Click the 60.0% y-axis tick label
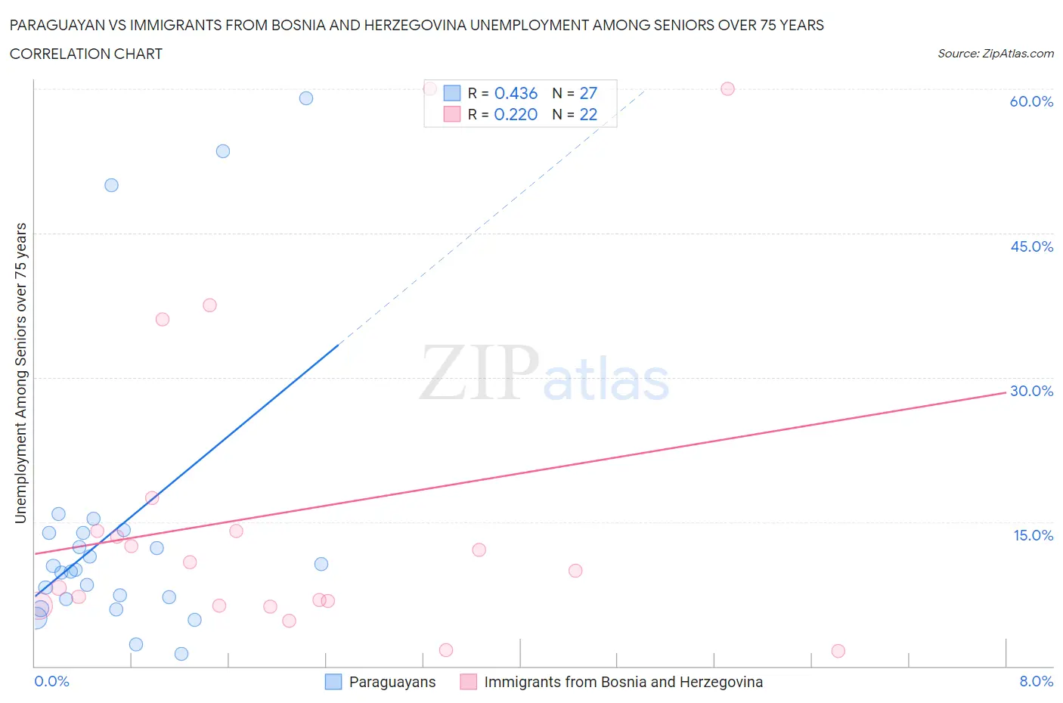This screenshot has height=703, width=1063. click(1031, 101)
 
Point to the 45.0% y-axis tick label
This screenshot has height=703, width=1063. click(1031, 246)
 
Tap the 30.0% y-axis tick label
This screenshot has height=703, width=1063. click(1031, 391)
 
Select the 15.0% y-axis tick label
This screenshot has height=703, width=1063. click(1033, 535)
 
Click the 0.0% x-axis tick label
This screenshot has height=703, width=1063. click(51, 681)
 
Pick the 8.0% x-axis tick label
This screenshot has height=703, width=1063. click(1036, 681)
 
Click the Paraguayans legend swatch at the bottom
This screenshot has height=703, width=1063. click(333, 682)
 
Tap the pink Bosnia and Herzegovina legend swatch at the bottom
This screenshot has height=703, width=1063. click(469, 682)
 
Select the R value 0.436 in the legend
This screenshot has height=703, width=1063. click(516, 93)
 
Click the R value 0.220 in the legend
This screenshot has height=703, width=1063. click(516, 114)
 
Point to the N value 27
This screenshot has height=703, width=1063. click(588, 93)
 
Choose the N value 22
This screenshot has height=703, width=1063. click(588, 114)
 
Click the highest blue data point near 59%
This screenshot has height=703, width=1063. click(306, 98)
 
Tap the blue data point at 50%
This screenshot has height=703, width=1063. click(111, 185)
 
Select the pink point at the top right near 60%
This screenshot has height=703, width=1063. click(727, 88)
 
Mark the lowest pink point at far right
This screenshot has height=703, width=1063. click(838, 651)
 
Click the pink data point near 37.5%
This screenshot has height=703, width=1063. click(209, 305)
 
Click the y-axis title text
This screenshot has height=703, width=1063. click(21, 373)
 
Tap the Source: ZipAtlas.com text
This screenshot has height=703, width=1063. click(995, 54)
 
